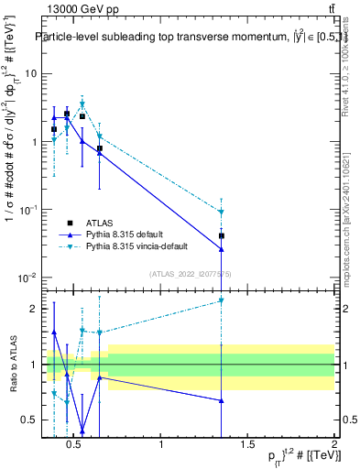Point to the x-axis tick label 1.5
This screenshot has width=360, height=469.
click(247, 445)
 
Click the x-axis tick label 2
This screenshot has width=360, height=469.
click(333, 445)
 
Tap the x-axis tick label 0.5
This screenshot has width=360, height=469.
click(75, 445)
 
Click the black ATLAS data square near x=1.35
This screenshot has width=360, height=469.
click(222, 235)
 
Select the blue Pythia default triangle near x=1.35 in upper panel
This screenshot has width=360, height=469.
click(222, 249)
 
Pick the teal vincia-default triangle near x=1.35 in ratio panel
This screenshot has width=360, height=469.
click(222, 300)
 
